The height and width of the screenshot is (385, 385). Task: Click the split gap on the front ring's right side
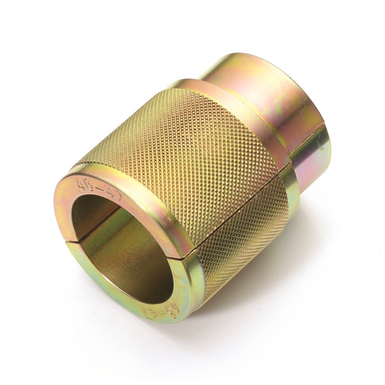(x=185, y=255)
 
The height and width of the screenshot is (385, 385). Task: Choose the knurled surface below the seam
(x=236, y=226)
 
